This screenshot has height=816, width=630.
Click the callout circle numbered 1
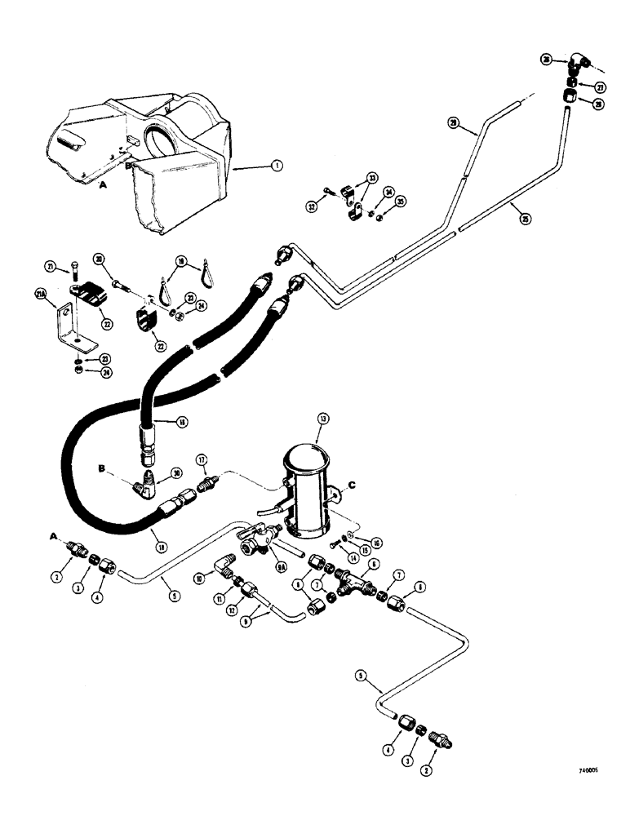tap(278, 166)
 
